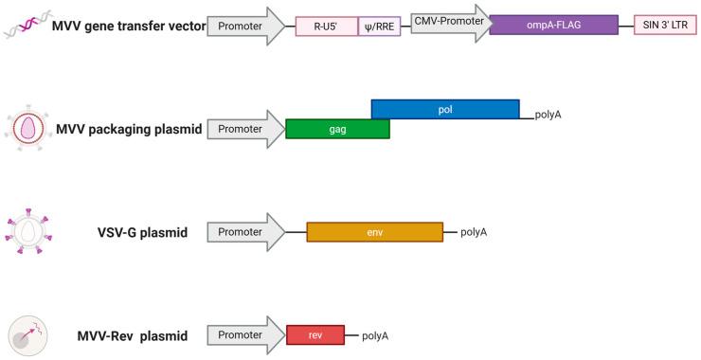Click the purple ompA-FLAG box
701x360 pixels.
[x=554, y=26]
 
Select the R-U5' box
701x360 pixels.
[x=326, y=27]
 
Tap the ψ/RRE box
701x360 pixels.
[x=379, y=27]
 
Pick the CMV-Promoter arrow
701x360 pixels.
[x=448, y=21]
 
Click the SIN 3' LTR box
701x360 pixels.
[x=664, y=27]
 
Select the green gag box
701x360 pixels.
[x=336, y=128]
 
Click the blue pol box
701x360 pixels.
[x=445, y=109]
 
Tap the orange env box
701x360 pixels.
[x=374, y=232]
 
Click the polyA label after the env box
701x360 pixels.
[x=474, y=232]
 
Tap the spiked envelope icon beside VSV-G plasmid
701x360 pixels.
[x=26, y=231]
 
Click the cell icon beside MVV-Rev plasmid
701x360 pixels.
[x=26, y=335]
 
